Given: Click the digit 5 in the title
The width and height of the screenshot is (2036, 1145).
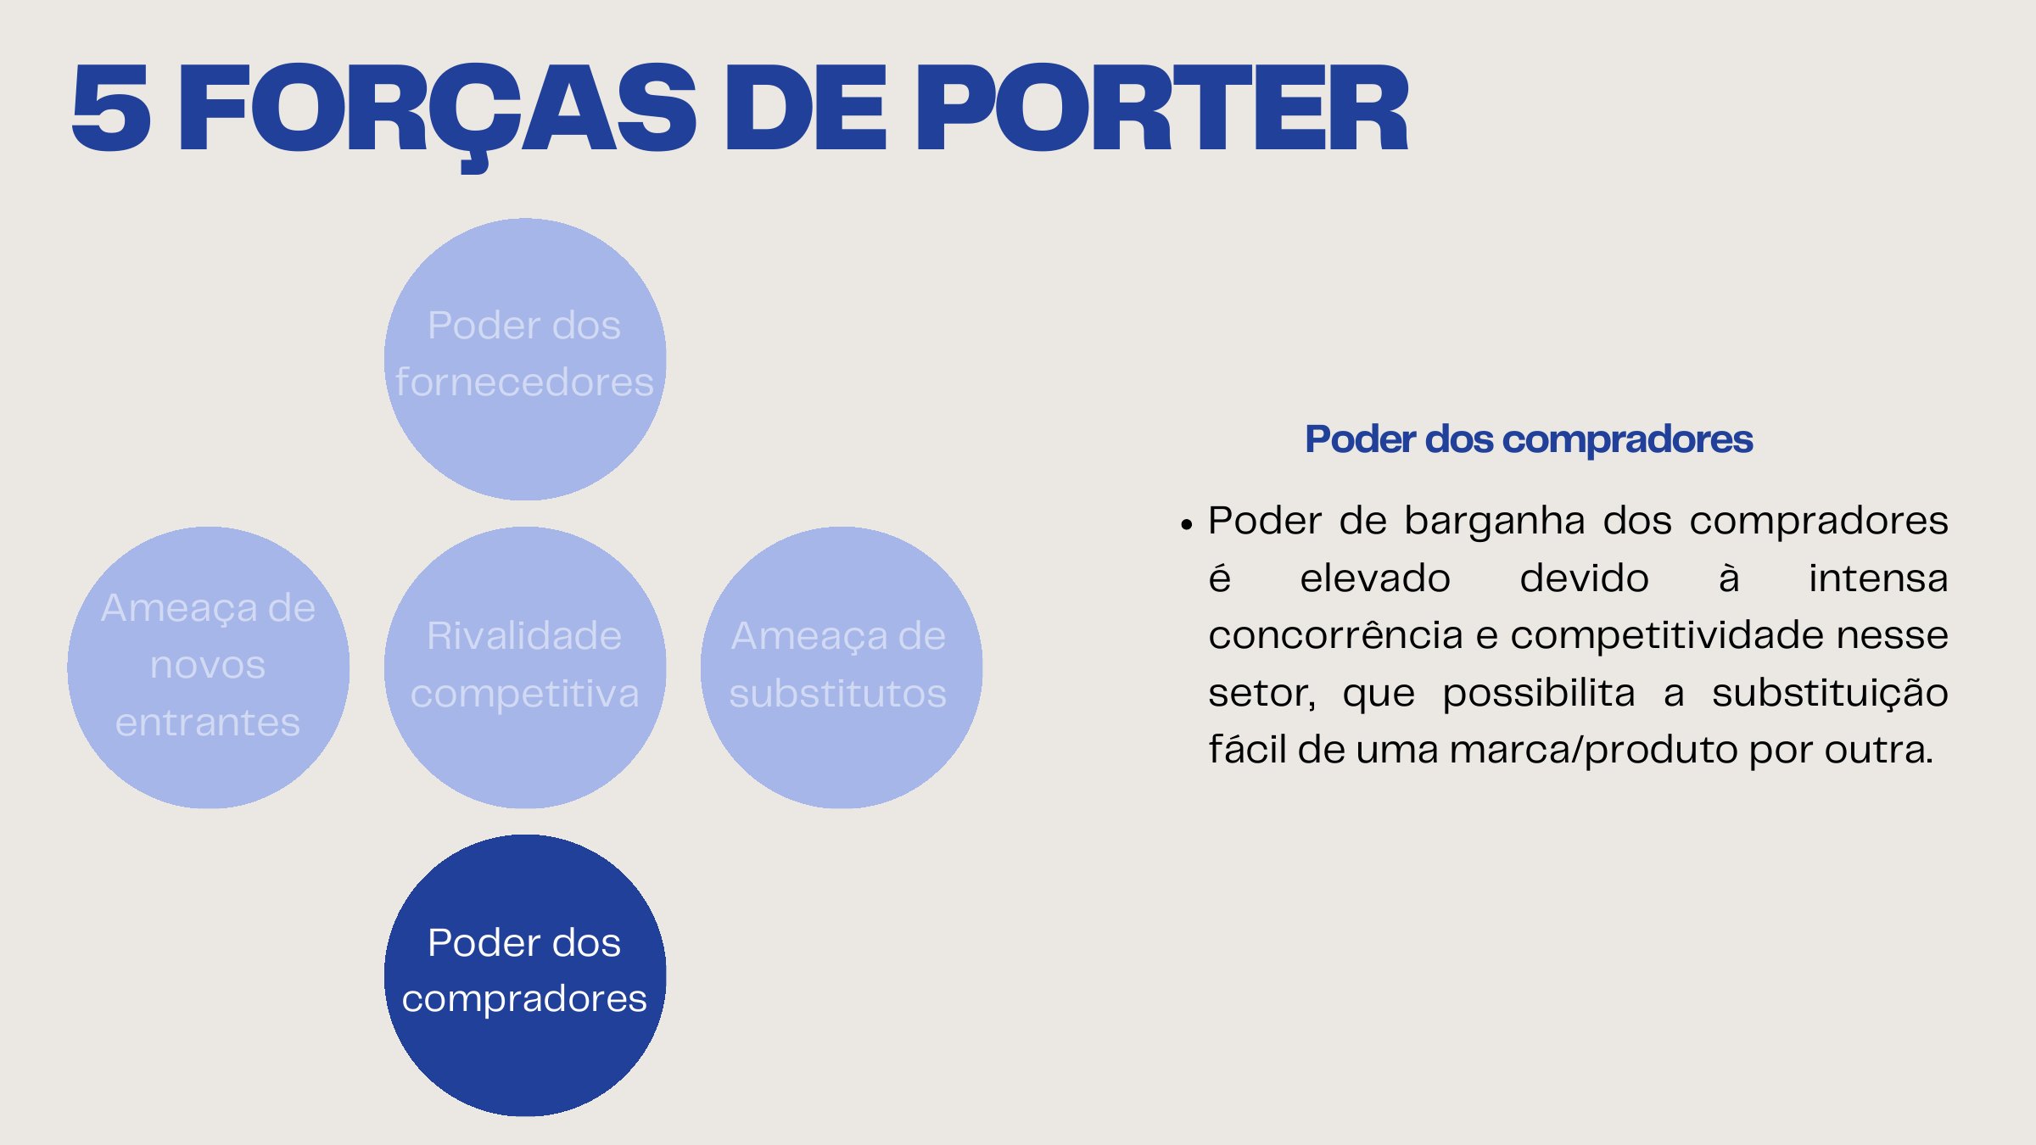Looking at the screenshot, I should (111, 109).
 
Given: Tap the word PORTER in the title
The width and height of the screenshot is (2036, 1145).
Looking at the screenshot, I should (1161, 109).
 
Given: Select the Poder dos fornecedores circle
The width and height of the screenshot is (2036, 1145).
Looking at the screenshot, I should (525, 359).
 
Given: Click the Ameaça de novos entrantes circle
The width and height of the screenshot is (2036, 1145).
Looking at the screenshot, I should (209, 667).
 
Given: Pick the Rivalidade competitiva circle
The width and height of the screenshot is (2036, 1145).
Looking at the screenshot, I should (525, 667).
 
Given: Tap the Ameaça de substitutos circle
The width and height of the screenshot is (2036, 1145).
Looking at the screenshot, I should (841, 667).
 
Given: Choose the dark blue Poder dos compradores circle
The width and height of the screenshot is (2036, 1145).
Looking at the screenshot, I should (525, 975).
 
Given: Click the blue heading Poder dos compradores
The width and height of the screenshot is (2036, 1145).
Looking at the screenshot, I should (1529, 439).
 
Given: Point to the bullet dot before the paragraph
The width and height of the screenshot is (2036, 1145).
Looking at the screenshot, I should (1187, 525).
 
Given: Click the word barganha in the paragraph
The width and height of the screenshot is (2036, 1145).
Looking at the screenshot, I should (1494, 521).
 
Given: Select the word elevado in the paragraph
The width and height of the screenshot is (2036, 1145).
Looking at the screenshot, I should (1374, 578).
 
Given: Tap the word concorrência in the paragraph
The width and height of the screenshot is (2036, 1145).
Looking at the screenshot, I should (1335, 635).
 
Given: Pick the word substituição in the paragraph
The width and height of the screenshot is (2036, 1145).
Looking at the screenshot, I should (1829, 693).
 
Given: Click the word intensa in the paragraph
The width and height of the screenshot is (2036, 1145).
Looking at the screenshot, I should (1877, 578).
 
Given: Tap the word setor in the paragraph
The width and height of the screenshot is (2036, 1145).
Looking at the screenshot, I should (1261, 693).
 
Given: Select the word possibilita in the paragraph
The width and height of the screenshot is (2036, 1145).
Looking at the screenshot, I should (1538, 693).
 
